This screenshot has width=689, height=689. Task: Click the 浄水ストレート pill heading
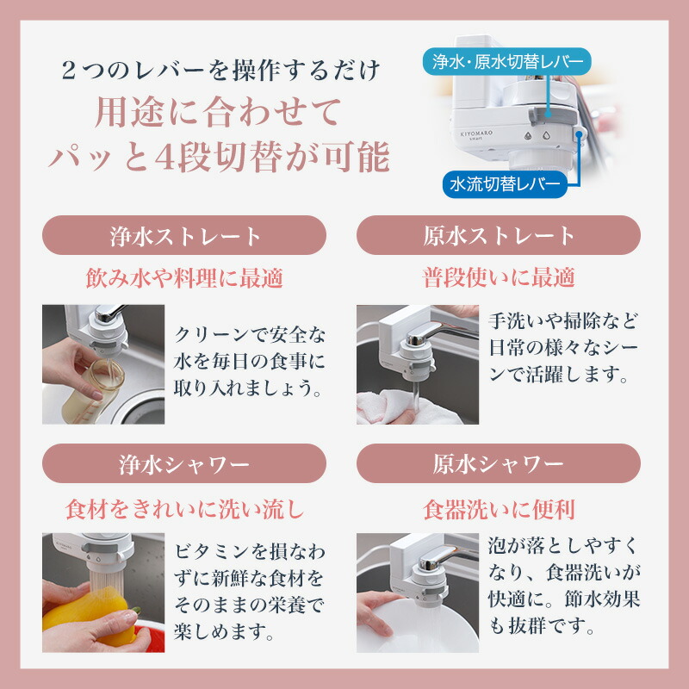click(184, 234)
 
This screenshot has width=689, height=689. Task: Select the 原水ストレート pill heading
click(499, 234)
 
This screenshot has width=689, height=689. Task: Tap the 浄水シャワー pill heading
click(184, 464)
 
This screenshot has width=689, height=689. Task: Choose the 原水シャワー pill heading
click(499, 464)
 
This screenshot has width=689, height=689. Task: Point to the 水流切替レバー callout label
click(503, 183)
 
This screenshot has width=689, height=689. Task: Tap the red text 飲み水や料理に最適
click(184, 277)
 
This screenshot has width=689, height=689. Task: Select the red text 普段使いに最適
click(499, 277)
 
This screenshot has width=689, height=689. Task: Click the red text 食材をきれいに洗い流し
click(184, 509)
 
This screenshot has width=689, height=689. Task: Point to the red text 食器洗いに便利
click(499, 509)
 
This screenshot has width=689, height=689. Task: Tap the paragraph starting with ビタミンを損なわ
click(250, 592)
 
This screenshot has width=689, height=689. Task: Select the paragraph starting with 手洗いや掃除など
click(565, 349)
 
